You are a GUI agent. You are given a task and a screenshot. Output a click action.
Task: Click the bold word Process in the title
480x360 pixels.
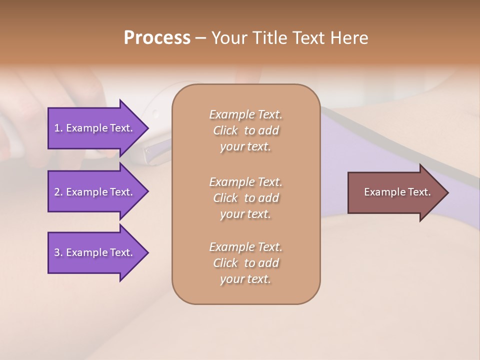[x=157, y=38]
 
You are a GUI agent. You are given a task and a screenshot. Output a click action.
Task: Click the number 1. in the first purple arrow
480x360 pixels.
[x=58, y=128]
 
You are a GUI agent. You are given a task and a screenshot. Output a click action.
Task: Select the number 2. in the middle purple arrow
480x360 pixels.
[x=58, y=192]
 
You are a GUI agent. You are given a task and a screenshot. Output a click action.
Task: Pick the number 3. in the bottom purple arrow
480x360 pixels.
[x=58, y=252]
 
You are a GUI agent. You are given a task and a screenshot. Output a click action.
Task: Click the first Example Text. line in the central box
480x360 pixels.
[x=245, y=114]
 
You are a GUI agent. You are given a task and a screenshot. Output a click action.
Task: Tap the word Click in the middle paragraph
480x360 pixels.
[x=225, y=198]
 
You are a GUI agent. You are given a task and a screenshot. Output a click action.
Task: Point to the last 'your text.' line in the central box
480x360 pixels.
[x=245, y=279]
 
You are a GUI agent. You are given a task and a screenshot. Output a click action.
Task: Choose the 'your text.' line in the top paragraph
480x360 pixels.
[x=245, y=146]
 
